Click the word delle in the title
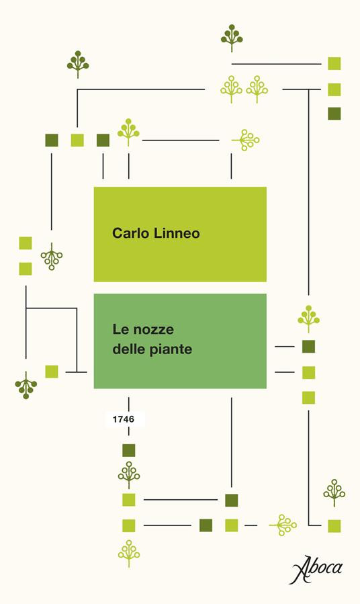[x=128, y=349]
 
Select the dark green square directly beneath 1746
[x=129, y=450]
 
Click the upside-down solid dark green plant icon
[x=26, y=386]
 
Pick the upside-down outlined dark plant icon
[x=52, y=257]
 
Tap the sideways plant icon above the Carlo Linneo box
[x=246, y=140]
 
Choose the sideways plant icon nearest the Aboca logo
[x=283, y=524]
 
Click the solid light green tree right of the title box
[x=308, y=318]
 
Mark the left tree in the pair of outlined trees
[x=232, y=88]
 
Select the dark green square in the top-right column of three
[x=334, y=114]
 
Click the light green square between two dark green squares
[x=77, y=140]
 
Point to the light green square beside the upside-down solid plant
[x=52, y=371]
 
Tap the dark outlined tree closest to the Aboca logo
[x=334, y=492]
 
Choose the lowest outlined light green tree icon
[x=128, y=553]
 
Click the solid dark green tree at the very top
[x=232, y=37]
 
